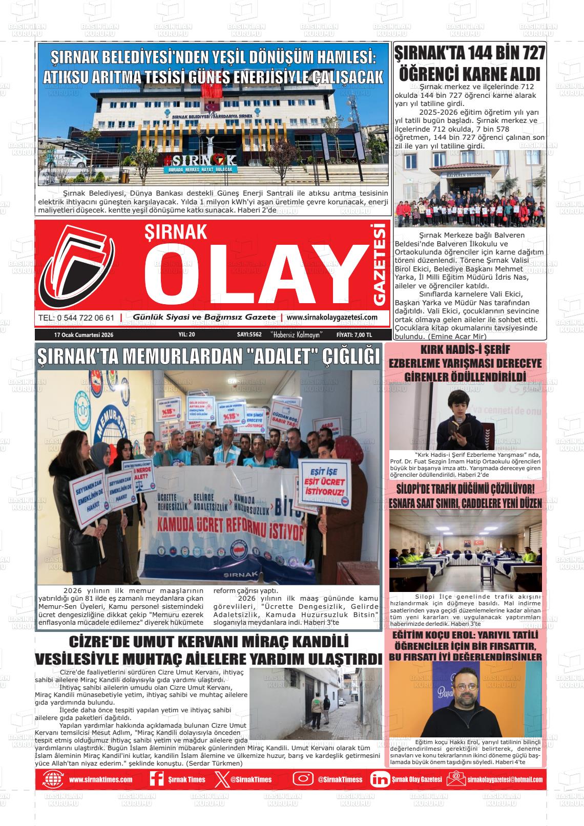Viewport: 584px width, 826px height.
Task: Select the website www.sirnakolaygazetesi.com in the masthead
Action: pos(332,317)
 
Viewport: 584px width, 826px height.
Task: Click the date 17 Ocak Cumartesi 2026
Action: pos(84,335)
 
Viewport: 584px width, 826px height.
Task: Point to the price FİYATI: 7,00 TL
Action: pos(354,335)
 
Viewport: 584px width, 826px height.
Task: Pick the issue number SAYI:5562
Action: pos(249,335)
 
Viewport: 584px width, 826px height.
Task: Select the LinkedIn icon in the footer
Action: pos(380,779)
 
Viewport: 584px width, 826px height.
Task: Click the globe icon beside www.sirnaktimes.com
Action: pos(52,779)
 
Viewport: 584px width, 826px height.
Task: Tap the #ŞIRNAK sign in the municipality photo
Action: pos(200,159)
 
